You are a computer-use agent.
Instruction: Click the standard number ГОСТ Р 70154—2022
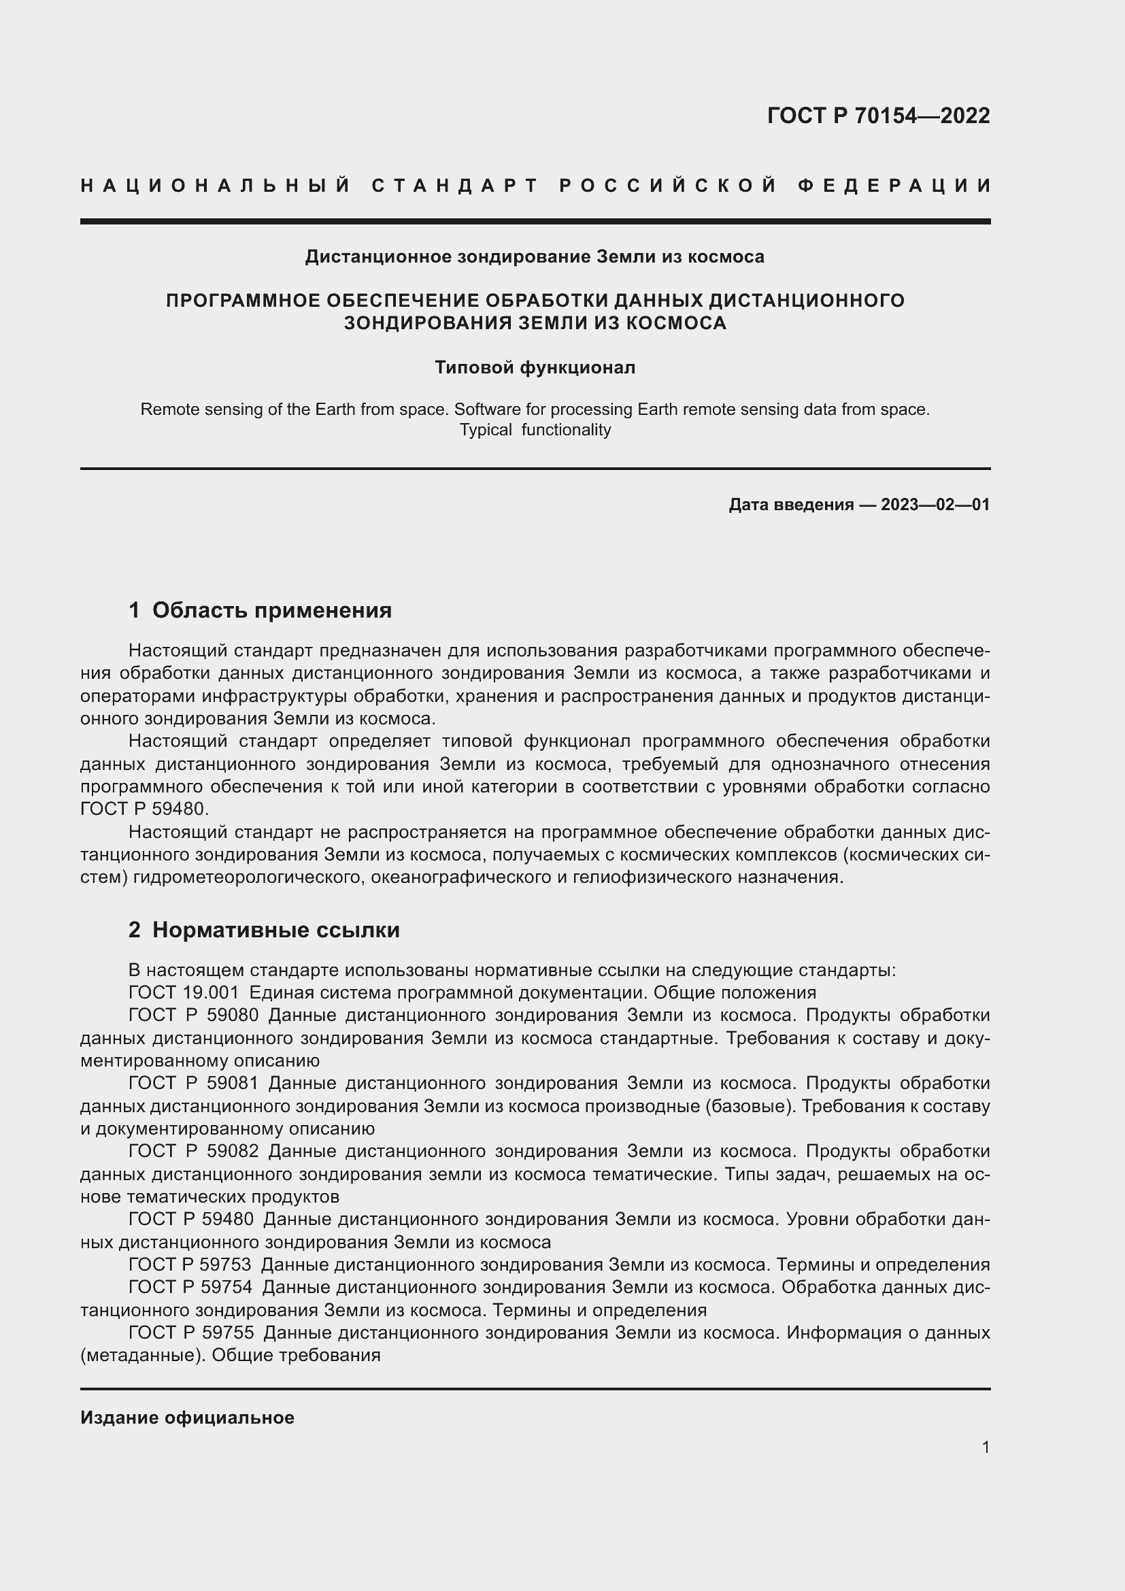tap(878, 116)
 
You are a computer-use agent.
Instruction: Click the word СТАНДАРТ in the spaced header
tap(454, 186)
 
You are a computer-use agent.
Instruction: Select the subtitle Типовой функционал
tap(535, 367)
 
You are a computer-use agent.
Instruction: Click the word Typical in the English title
tap(485, 430)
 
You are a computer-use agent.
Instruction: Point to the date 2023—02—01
tap(935, 505)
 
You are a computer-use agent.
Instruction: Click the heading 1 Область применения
tap(260, 610)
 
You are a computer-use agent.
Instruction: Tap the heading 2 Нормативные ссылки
tap(264, 930)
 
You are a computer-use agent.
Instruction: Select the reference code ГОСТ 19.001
tap(184, 992)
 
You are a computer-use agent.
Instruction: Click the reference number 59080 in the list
tap(233, 1015)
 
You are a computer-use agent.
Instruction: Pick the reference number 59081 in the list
tap(233, 1083)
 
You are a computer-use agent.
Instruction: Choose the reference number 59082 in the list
tap(233, 1151)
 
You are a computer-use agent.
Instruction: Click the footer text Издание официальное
tap(187, 1418)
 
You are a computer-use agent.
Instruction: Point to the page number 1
tap(986, 1447)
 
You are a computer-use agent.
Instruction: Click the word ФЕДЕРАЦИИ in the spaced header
tap(894, 186)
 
